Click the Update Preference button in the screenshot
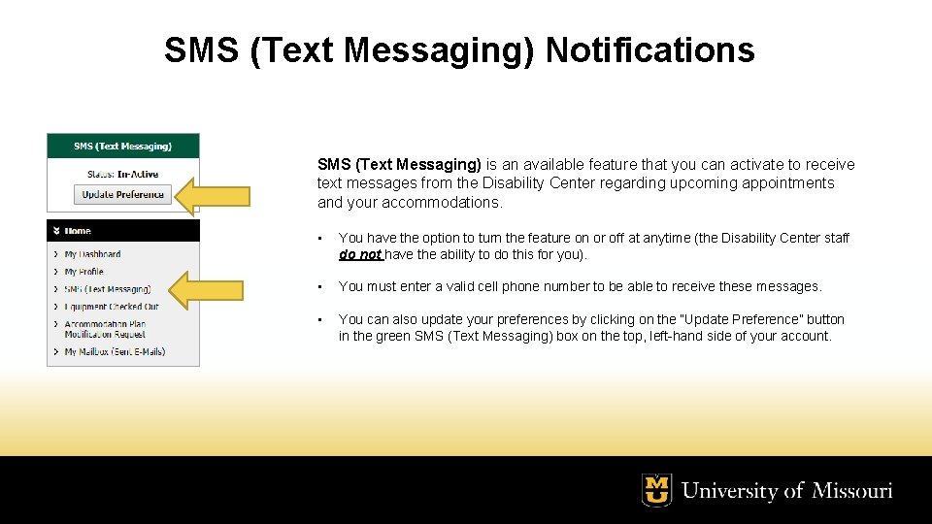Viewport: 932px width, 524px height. coord(122,194)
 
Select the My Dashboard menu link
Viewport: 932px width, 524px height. coord(92,254)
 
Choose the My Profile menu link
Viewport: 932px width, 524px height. coord(83,272)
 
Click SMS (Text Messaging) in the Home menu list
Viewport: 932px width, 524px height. coord(107,289)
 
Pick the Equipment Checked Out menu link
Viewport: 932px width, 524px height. coord(111,307)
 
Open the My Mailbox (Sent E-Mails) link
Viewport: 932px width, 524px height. coord(115,351)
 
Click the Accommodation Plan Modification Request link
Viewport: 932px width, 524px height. coord(105,329)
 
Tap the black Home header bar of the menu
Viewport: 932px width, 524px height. coord(123,231)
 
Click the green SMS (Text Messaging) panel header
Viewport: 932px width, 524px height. coord(123,147)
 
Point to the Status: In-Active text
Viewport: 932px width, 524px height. coord(122,175)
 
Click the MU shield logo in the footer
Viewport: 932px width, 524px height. coord(657,490)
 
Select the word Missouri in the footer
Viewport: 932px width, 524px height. coord(852,491)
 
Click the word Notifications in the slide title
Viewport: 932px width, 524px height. coord(649,49)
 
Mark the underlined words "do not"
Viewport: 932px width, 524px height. coord(359,255)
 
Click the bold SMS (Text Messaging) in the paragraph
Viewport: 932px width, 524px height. coord(399,165)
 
